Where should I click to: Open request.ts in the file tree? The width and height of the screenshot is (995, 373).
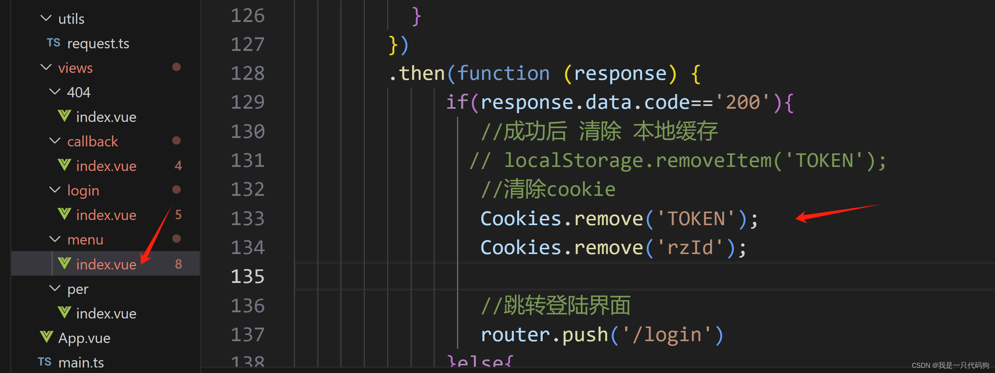(x=98, y=43)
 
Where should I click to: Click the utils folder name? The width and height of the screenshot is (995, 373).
(x=71, y=19)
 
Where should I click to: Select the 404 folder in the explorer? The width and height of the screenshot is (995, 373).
(x=78, y=92)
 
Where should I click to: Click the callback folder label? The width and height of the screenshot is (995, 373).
(x=92, y=141)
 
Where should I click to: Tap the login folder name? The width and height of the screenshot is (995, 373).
(x=83, y=191)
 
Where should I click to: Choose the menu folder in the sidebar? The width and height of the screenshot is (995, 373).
(x=85, y=240)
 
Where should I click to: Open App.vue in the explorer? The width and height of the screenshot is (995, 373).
(x=84, y=338)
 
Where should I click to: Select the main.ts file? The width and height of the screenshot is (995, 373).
(x=81, y=362)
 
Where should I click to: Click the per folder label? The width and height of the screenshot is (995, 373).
(x=78, y=289)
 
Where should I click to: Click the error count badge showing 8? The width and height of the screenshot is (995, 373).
(x=178, y=264)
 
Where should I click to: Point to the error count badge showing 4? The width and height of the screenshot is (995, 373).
(x=178, y=166)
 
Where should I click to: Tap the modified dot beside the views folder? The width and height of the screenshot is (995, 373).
(x=176, y=67)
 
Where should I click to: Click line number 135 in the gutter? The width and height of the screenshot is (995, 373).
(x=247, y=276)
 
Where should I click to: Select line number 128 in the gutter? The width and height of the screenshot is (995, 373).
(x=247, y=73)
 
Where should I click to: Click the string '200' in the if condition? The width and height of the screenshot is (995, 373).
(x=743, y=102)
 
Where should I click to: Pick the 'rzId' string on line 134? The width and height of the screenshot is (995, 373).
(x=689, y=247)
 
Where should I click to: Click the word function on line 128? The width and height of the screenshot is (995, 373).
(x=503, y=73)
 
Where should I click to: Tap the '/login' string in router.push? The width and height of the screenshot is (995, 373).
(x=672, y=334)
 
